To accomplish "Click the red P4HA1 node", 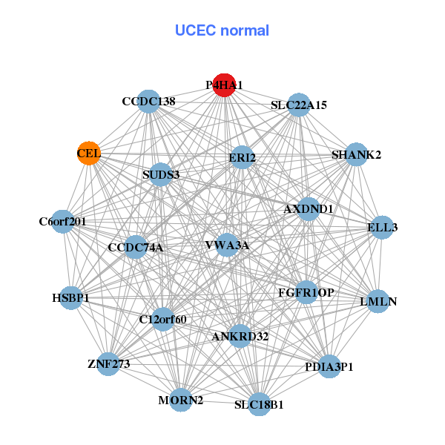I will [x=224, y=85].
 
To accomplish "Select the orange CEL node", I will [x=89, y=153].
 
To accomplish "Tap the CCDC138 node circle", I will [x=149, y=102].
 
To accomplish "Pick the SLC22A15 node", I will [x=298, y=105].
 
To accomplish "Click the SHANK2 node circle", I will [x=356, y=155].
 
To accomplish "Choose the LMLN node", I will [x=378, y=301].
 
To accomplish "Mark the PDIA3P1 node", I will [x=330, y=366].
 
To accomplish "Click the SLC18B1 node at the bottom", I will [x=259, y=404].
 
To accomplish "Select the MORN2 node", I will [x=181, y=400].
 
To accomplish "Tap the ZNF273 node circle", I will [x=108, y=363].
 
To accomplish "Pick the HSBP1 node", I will [x=70, y=298].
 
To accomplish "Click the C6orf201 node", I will [x=63, y=221].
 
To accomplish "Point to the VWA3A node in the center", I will [x=227, y=245].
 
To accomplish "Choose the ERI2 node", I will [x=242, y=157].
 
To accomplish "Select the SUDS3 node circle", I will [x=161, y=175].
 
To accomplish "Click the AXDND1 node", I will [x=309, y=209].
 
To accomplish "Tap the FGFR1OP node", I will [x=305, y=292].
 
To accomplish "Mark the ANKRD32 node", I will [x=240, y=336].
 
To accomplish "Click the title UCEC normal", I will [x=222, y=30].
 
